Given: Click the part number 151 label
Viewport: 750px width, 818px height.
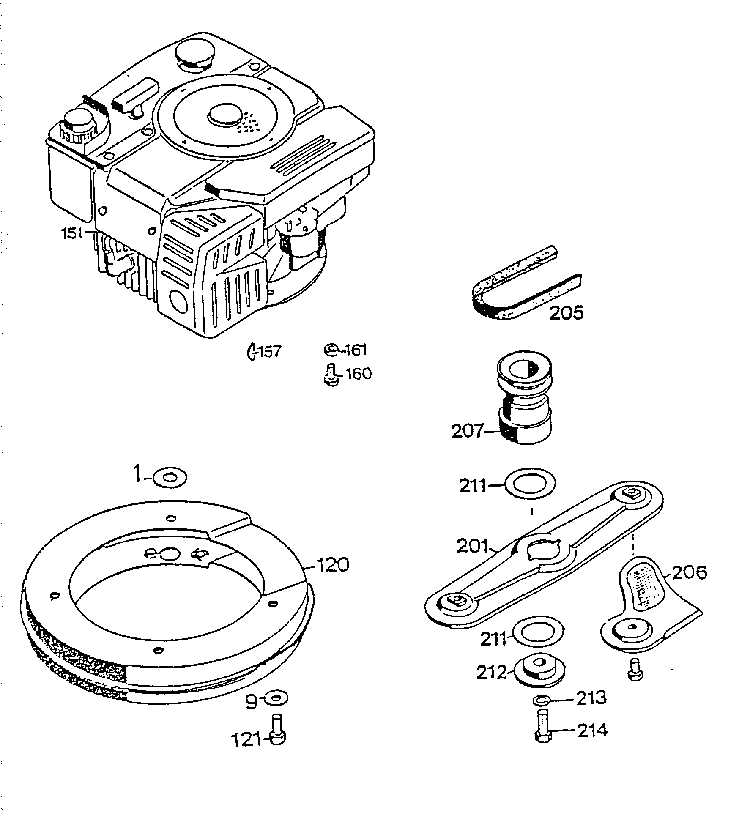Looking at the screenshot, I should tap(72, 233).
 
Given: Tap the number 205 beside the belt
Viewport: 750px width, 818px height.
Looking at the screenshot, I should tap(566, 312).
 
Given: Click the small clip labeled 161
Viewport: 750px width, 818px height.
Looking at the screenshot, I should tap(331, 349).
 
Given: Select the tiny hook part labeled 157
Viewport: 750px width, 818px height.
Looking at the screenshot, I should tap(252, 351).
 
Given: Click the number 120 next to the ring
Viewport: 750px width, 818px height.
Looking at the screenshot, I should tap(333, 565).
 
